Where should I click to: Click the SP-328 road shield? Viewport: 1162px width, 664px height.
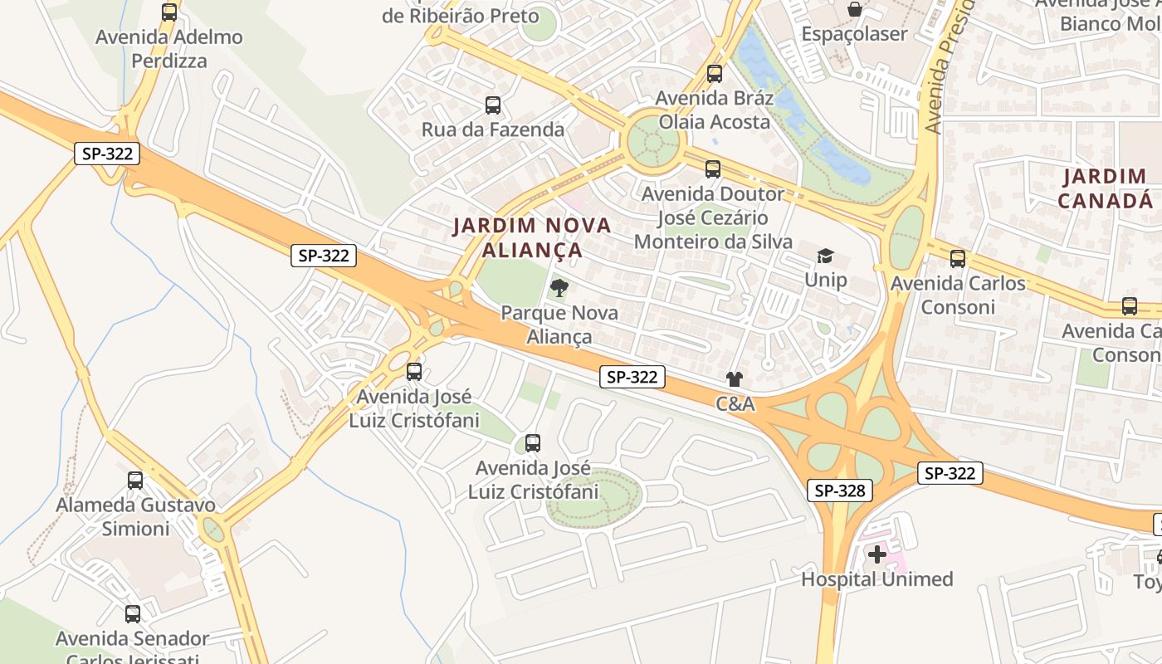tap(840, 491)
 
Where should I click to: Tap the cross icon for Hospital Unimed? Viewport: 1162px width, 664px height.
tap(877, 554)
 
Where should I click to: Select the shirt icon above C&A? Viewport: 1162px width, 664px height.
tap(735, 379)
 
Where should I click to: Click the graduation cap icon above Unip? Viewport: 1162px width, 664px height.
tap(825, 256)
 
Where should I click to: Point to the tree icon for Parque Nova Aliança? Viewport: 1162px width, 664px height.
tap(559, 288)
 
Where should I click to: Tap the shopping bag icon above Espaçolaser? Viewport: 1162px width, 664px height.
tap(854, 9)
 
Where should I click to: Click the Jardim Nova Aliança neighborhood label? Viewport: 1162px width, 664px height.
tap(532, 237)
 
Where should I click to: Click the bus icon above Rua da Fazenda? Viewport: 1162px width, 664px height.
tap(493, 105)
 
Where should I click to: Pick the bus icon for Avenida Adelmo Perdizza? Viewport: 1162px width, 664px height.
tap(169, 12)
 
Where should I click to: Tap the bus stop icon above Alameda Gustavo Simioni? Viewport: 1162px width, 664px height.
tap(135, 480)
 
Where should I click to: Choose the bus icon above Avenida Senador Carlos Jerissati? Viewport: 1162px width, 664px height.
tap(133, 614)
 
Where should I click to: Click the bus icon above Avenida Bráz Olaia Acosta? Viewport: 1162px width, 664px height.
tap(715, 73)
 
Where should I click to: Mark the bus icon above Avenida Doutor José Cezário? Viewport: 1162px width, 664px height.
tap(713, 169)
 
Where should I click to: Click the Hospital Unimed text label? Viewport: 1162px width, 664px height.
tap(876, 579)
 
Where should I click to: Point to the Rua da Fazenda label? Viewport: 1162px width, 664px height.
tap(493, 129)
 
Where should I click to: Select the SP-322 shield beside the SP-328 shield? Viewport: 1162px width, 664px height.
tap(950, 473)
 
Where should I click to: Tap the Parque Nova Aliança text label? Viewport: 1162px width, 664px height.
tap(559, 325)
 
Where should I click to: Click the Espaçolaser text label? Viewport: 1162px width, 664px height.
tap(854, 34)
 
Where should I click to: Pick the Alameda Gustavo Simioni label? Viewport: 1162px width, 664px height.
tap(135, 516)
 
